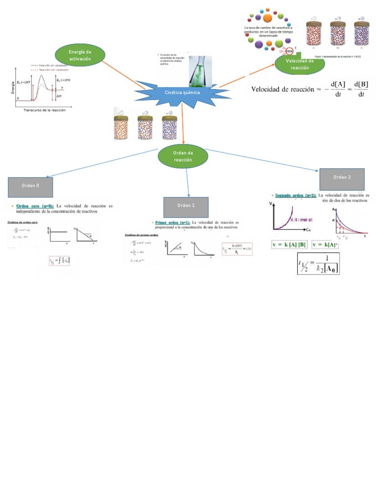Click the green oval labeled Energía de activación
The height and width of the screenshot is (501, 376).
tap(80, 55)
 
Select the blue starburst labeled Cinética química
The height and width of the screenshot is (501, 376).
tap(182, 93)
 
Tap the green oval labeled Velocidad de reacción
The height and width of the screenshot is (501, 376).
tap(300, 64)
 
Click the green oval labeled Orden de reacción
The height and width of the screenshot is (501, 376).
tap(184, 157)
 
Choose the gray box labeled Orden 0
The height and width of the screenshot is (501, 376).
tap(30, 186)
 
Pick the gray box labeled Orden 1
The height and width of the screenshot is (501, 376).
tap(186, 206)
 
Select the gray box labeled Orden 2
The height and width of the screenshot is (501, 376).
tap(342, 178)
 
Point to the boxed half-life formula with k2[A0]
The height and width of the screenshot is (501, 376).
tap(319, 264)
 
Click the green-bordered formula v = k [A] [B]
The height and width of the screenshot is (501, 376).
tap(290, 244)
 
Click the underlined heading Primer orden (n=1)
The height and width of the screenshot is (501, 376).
tap(172, 222)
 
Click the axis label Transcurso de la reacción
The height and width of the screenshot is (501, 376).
tap(45, 110)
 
